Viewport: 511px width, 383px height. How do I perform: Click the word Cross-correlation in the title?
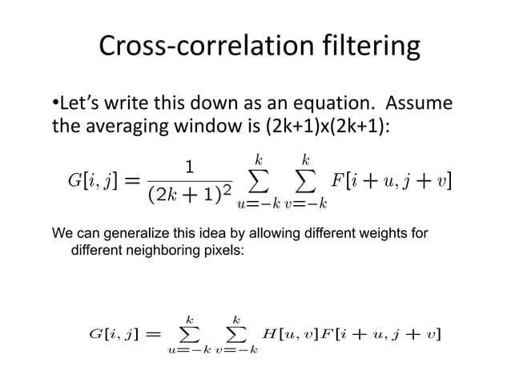pyautogui.click(x=191, y=48)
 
